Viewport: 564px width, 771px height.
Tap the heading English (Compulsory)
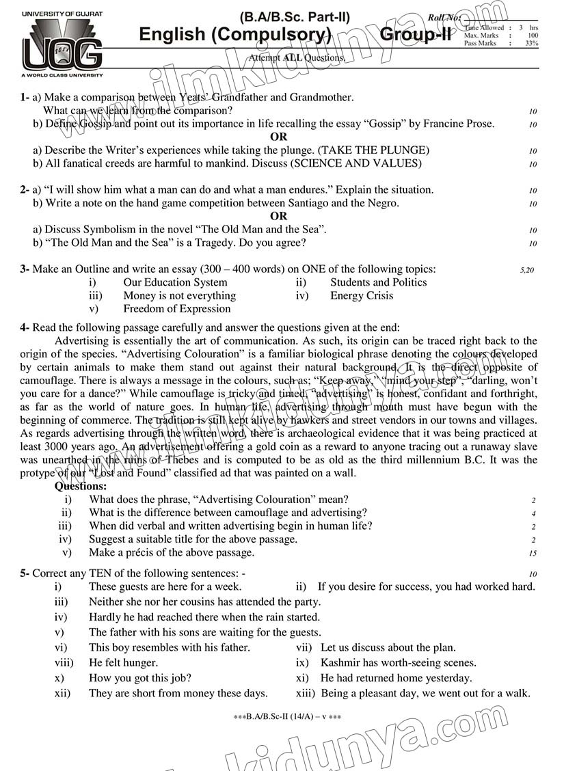[235, 35]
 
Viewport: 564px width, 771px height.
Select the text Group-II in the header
[415, 35]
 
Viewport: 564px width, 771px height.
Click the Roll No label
[444, 17]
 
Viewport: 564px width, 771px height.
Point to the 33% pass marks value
[531, 43]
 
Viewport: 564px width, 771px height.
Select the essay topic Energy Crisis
[362, 296]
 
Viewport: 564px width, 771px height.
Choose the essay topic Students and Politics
[378, 282]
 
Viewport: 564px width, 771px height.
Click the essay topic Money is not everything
[179, 296]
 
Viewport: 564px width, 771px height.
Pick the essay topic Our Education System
[175, 282]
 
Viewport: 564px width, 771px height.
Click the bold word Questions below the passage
[81, 487]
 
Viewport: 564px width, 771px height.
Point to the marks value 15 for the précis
[533, 554]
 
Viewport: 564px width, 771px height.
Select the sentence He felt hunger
[123, 662]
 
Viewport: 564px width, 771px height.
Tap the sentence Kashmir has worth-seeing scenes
[398, 662]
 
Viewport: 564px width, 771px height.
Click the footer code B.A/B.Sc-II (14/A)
[287, 717]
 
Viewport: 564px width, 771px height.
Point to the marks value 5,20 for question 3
[526, 270]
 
